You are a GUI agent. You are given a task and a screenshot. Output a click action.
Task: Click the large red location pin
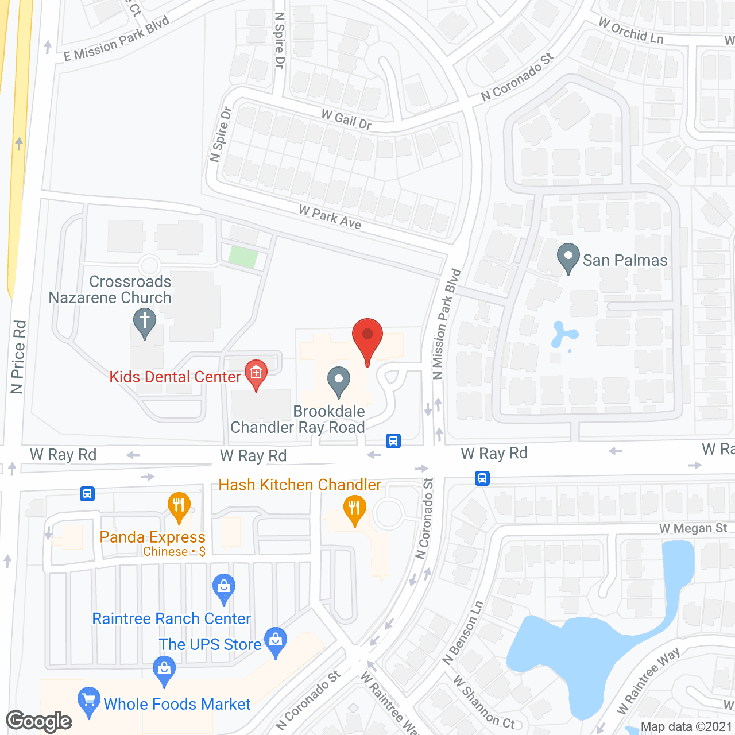click(x=367, y=339)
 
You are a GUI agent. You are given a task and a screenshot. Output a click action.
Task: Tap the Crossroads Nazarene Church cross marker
click(x=145, y=322)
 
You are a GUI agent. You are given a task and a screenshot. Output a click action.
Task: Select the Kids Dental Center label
click(x=175, y=377)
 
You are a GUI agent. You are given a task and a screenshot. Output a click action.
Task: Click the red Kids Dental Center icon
click(x=256, y=374)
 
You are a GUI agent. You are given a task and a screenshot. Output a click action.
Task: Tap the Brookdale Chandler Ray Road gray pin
click(x=339, y=381)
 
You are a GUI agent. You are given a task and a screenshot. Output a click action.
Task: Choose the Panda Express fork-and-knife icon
click(x=179, y=506)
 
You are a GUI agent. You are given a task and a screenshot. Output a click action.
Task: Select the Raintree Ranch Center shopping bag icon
click(x=224, y=587)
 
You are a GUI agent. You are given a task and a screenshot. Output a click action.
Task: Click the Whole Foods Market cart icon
click(x=88, y=701)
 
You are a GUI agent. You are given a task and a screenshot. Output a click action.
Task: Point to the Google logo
click(x=39, y=721)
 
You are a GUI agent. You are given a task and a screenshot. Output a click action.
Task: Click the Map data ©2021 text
click(x=686, y=726)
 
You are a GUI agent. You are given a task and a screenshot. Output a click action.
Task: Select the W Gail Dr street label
click(x=346, y=119)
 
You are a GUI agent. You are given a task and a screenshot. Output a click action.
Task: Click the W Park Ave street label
click(x=330, y=218)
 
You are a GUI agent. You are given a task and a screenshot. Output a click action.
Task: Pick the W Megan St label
click(x=693, y=528)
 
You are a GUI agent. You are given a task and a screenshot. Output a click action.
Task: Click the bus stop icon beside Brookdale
click(x=393, y=441)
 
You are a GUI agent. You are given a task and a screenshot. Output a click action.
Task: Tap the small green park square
click(x=242, y=257)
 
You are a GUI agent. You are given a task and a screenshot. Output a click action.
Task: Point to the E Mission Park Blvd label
click(x=117, y=38)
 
